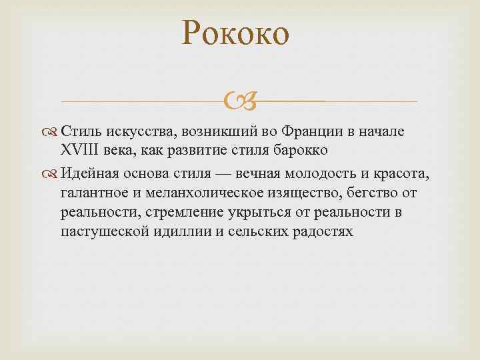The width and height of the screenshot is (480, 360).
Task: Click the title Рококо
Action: pyautogui.click(x=236, y=33)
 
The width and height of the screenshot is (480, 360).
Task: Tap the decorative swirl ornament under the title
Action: pyautogui.click(x=239, y=102)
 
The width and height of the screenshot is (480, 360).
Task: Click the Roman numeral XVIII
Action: pyautogui.click(x=80, y=149)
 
